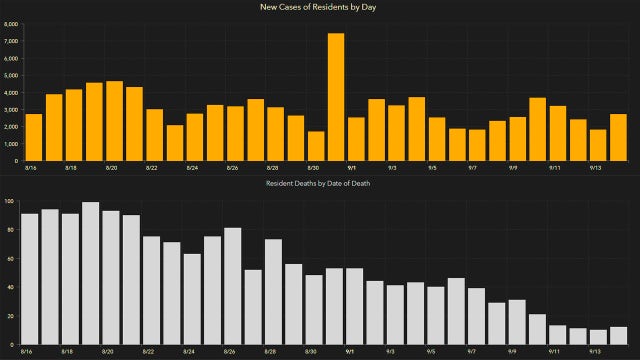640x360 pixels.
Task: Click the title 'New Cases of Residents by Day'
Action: [319, 8]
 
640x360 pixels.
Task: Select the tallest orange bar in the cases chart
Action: [336, 97]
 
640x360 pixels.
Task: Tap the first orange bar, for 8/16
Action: [34, 137]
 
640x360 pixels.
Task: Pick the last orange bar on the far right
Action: [618, 137]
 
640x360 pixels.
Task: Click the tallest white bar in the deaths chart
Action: [91, 273]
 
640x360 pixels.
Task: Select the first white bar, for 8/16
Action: [30, 279]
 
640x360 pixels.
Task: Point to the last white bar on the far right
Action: [618, 336]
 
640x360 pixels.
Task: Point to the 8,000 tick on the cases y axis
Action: [10, 24]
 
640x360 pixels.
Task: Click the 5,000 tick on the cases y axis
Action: [10, 75]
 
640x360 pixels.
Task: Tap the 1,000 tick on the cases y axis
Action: [10, 143]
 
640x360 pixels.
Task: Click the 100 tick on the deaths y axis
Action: [9, 201]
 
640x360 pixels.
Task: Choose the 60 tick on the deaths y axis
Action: [10, 258]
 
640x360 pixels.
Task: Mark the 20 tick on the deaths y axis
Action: [10, 316]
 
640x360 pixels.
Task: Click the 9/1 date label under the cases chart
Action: [352, 169]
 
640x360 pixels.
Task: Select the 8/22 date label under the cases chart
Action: [150, 169]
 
